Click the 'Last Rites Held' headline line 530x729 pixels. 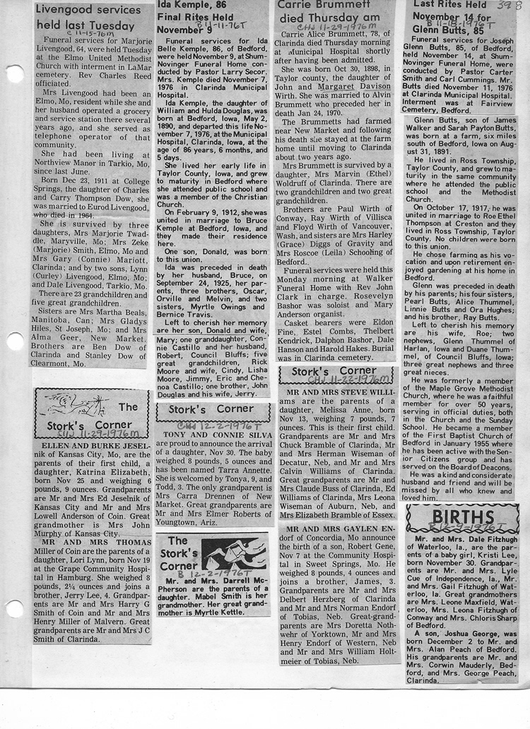click(x=446, y=5)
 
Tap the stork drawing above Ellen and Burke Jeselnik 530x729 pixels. click(x=70, y=404)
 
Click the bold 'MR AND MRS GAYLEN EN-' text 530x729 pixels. click(x=335, y=529)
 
